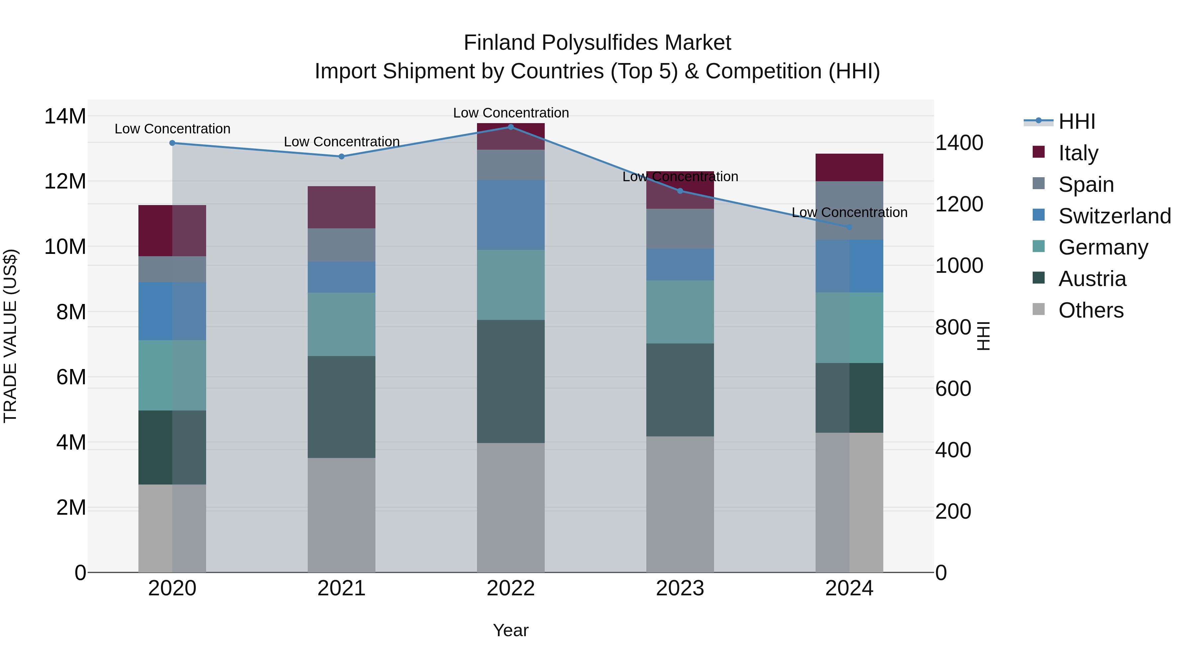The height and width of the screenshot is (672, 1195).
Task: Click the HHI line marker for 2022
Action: click(x=511, y=127)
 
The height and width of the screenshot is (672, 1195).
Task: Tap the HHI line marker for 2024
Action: click(x=849, y=227)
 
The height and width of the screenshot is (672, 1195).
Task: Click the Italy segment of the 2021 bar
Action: click(x=342, y=207)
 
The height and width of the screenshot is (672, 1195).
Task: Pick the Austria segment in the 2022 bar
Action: click(x=511, y=381)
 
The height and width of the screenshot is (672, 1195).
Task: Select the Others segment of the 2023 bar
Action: click(x=680, y=504)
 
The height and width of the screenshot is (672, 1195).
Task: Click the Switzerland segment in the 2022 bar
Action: click(x=511, y=215)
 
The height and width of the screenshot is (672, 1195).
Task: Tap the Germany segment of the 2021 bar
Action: click(x=342, y=324)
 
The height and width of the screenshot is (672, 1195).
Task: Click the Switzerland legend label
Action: click(x=1115, y=216)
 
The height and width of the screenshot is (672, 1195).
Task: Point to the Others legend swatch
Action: click(x=1039, y=309)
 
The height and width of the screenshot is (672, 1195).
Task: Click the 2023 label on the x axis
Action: click(x=680, y=588)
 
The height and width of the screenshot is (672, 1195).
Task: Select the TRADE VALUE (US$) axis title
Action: click(x=10, y=336)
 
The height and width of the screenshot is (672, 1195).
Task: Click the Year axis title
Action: click(x=511, y=630)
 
